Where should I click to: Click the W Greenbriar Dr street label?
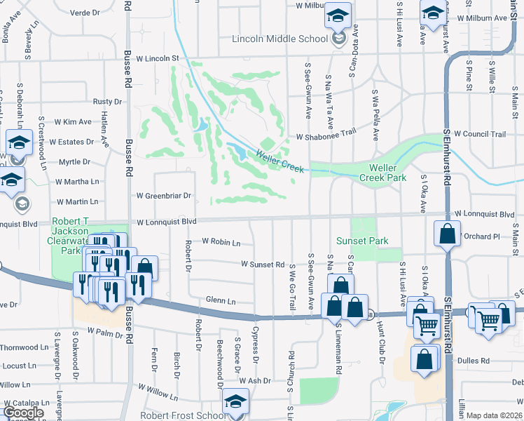pos(163,196)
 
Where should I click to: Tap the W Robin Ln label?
pos(221,241)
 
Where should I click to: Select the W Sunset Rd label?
pos(262,265)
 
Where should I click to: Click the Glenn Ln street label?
pos(220,300)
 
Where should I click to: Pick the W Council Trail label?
pos(480,133)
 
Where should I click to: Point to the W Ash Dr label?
pos(254,380)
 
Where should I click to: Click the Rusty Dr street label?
pos(107,102)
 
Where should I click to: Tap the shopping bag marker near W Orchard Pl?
pos(446,234)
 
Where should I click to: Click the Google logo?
pos(23,413)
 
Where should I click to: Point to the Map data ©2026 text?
pos(495,415)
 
